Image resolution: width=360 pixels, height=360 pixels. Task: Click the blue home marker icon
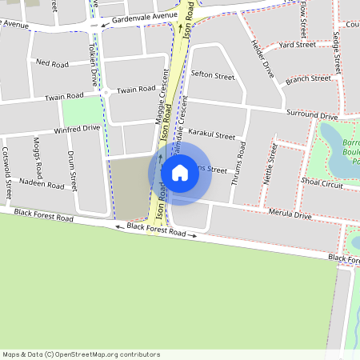(180, 172)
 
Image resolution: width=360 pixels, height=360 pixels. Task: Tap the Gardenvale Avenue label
(144, 16)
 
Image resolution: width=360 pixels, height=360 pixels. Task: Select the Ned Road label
(54, 62)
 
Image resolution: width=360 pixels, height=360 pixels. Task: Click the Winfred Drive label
(77, 129)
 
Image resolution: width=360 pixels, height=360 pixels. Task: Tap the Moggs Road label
(38, 157)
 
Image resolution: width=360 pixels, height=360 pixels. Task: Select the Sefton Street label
(214, 76)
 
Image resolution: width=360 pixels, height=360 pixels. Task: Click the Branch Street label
(308, 78)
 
